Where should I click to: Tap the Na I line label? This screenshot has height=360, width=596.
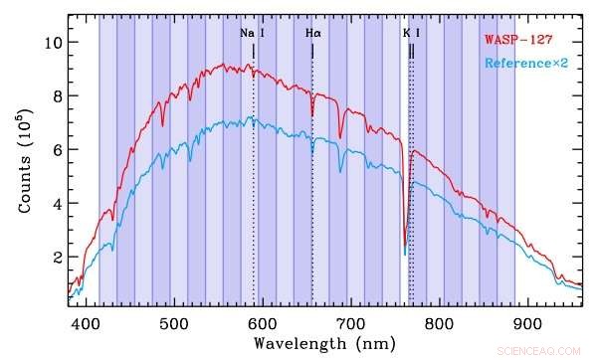pos(252,33)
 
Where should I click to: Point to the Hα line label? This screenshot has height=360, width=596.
pos(312,33)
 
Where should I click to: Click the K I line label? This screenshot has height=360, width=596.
pos(412,33)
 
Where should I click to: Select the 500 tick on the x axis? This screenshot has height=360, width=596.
pos(174,323)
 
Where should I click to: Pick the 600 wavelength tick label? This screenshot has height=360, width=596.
pos(262,323)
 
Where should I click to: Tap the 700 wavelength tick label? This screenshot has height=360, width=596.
pos(349,323)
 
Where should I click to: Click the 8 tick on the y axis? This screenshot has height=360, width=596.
pos(58,96)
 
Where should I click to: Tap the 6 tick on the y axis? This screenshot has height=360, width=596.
pos(58,150)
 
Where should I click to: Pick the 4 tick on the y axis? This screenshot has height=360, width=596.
pos(58,204)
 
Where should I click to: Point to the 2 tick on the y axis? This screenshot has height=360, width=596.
pos(58,258)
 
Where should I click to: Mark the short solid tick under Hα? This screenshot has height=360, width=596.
pos(312,51)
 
